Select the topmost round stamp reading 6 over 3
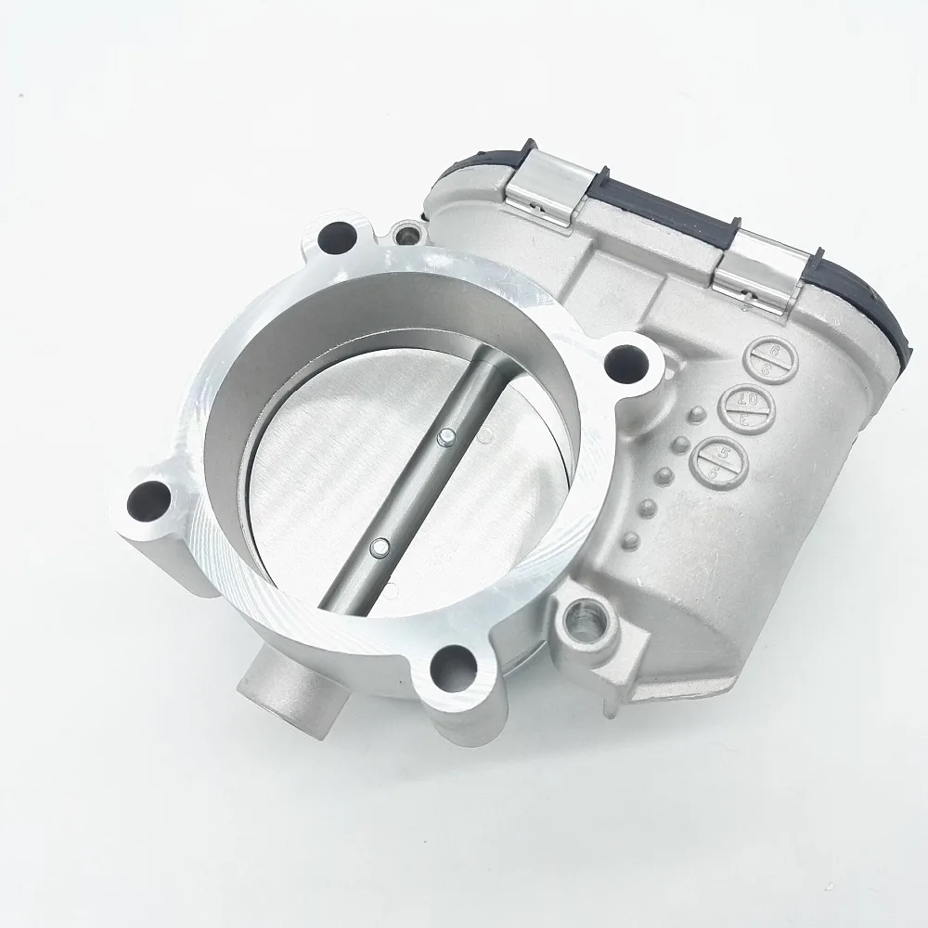[767, 358]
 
